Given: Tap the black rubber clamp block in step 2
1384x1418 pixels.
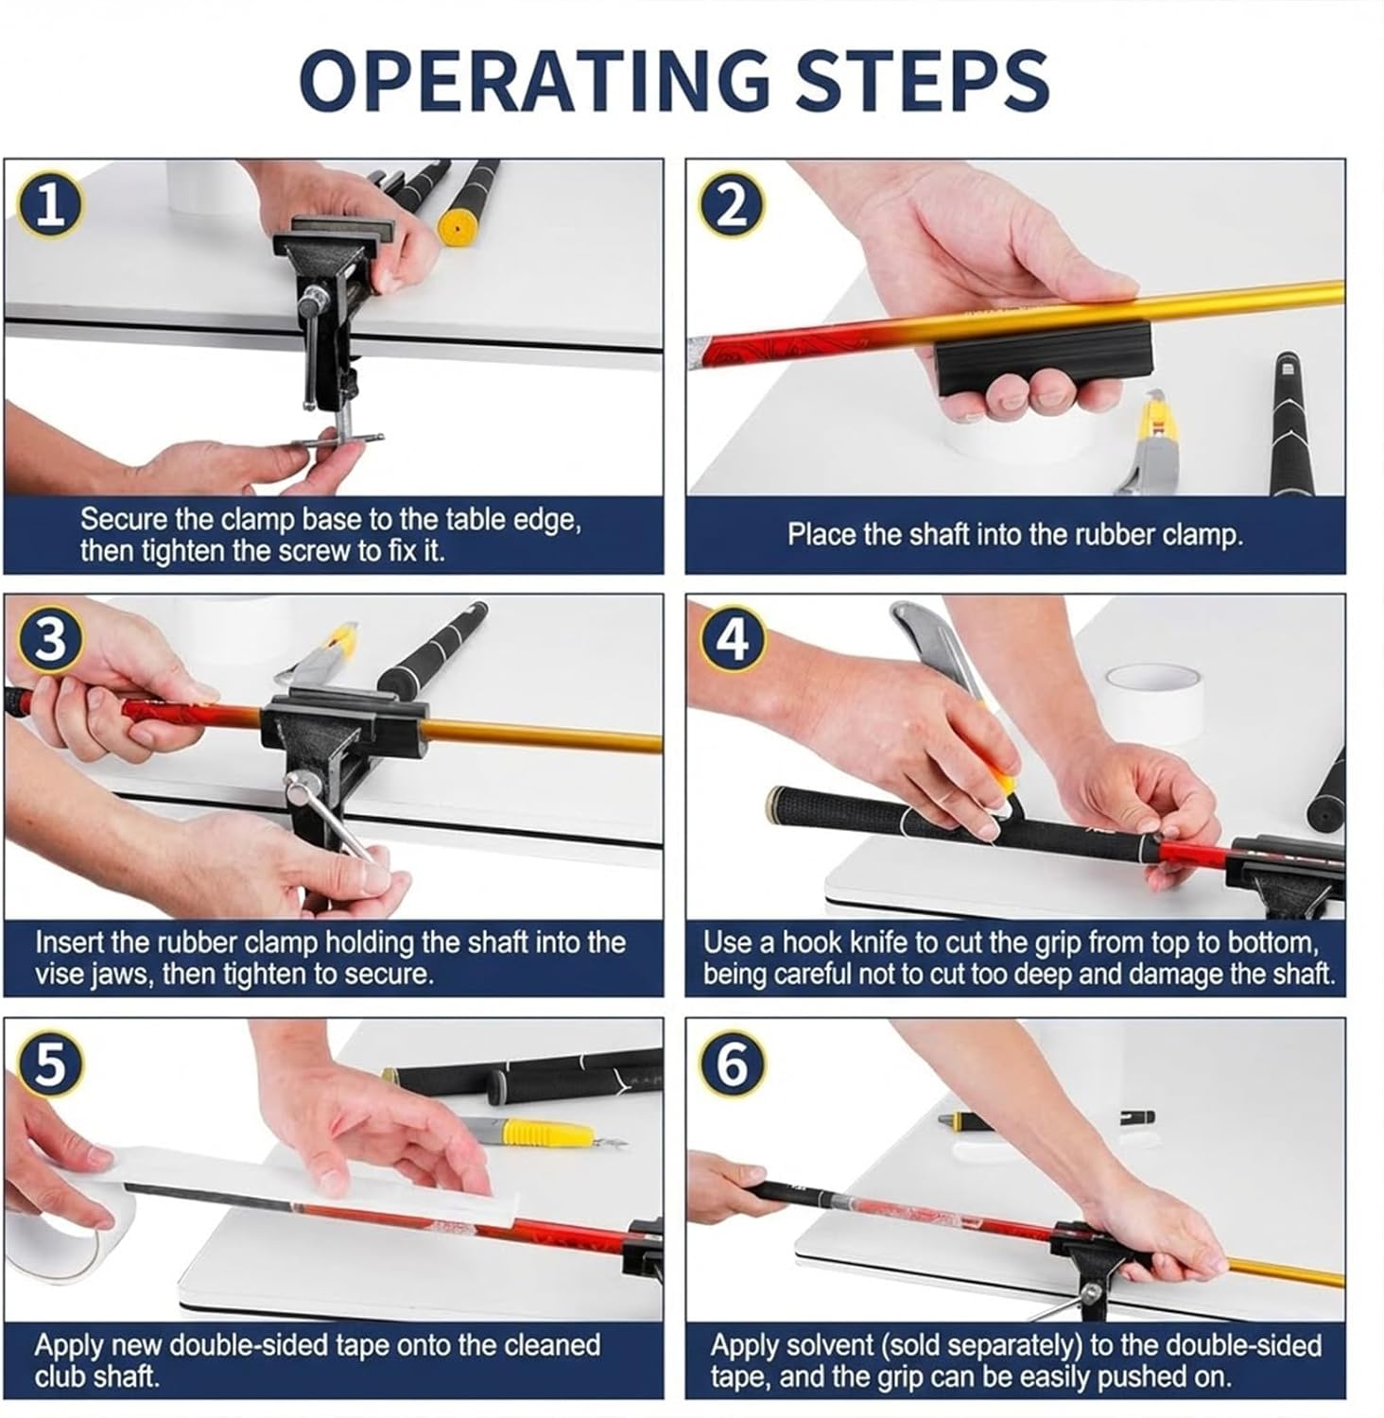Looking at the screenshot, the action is (x=1045, y=354).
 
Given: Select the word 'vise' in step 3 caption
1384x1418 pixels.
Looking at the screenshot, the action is (x=61, y=974).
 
